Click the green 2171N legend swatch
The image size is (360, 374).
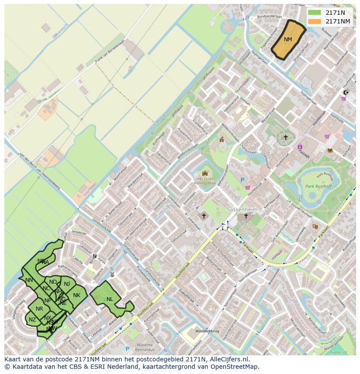(314, 13)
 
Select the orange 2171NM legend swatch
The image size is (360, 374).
(314, 21)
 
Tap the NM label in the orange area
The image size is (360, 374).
(288, 40)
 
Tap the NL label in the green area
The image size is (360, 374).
(110, 299)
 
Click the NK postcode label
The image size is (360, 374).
(77, 295)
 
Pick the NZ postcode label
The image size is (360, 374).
(32, 320)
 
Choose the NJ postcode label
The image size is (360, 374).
(67, 284)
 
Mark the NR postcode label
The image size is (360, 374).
(40, 309)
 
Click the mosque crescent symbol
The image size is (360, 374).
(346, 92)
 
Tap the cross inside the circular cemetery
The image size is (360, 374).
(286, 138)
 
